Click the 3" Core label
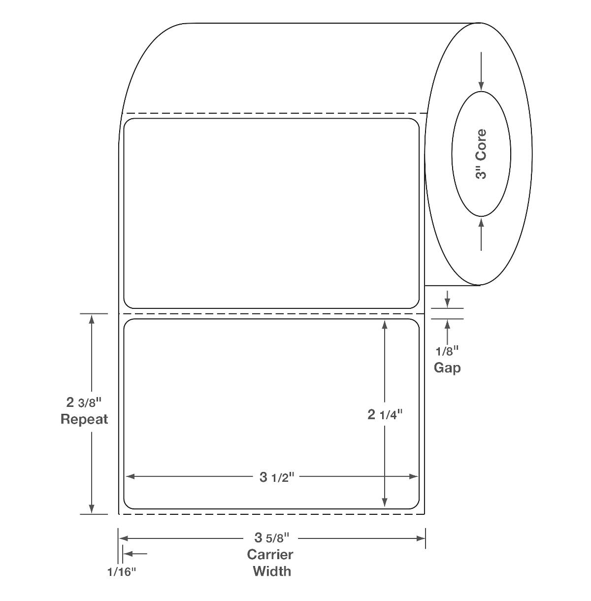coord(481,154)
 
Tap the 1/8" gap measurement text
coord(447,352)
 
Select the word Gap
coord(447,368)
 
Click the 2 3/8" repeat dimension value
coord(84,402)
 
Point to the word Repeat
coord(84,419)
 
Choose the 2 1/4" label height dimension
coord(385,414)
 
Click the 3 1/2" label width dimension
coord(277,477)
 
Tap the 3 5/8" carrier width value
coord(272,537)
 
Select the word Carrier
coord(270,555)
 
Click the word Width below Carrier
coord(272,571)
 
